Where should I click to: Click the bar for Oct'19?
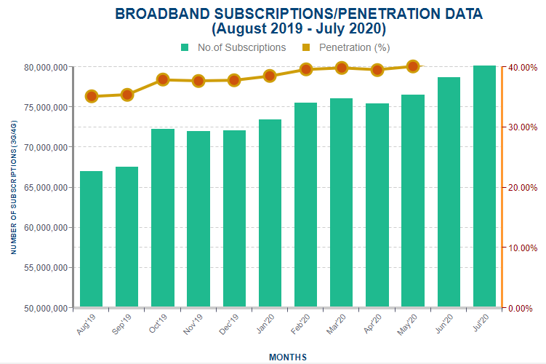coord(163,218)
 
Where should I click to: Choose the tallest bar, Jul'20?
coord(484,186)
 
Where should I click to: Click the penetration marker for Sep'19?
coord(127,95)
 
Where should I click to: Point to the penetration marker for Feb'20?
coord(306,69)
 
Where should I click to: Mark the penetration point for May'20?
coord(413,66)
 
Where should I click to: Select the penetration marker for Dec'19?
coord(234,80)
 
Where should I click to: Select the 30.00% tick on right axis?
coord(523,127)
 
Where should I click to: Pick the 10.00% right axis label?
coord(523,248)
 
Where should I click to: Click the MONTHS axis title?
coord(287,357)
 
